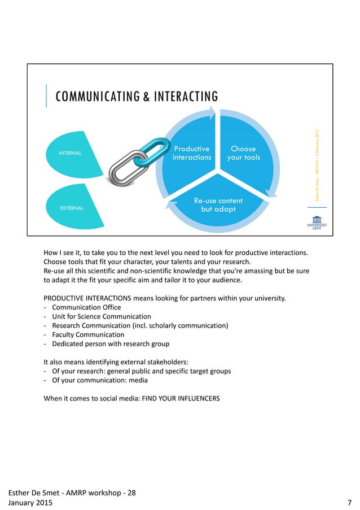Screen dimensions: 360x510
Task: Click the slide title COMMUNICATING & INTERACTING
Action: pos(136,97)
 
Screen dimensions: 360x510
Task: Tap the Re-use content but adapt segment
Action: pos(218,205)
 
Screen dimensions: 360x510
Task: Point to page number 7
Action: pos(350,502)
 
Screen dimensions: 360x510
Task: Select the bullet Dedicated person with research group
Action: pos(108,343)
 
